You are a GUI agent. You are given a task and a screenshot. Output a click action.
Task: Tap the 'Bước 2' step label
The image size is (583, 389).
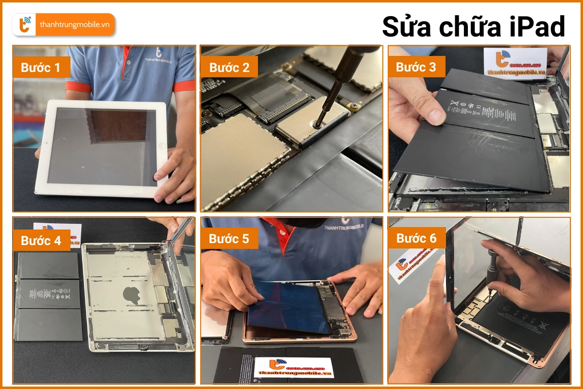coord(229,68)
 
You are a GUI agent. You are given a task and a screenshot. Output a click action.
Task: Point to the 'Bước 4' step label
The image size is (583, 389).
coord(42,240)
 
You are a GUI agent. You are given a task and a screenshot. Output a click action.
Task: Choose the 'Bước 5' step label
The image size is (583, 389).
coord(229,239)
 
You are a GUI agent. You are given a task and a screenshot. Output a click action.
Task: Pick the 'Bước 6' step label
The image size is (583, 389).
coord(416,238)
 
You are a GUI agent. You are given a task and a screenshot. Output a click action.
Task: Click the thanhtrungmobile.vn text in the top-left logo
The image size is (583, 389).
coord(74,25)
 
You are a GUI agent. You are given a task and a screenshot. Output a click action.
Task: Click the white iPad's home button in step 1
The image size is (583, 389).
coord(162,146)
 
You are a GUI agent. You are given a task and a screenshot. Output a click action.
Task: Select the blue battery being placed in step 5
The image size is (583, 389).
coord(287,306)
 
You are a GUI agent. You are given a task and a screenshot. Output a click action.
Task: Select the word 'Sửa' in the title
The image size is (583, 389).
coord(408,27)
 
